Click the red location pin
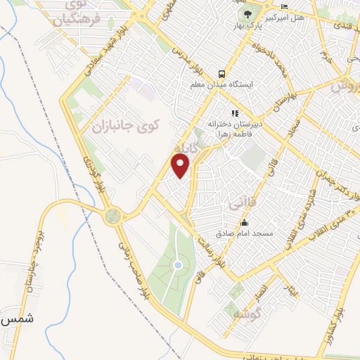tap(181, 166)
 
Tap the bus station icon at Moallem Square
tap(221, 73)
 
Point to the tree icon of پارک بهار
tap(247, 14)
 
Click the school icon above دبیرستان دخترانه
tap(234, 112)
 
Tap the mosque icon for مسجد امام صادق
tap(244, 222)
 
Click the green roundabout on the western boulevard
tap(112, 216)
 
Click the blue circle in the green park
tap(178, 265)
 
